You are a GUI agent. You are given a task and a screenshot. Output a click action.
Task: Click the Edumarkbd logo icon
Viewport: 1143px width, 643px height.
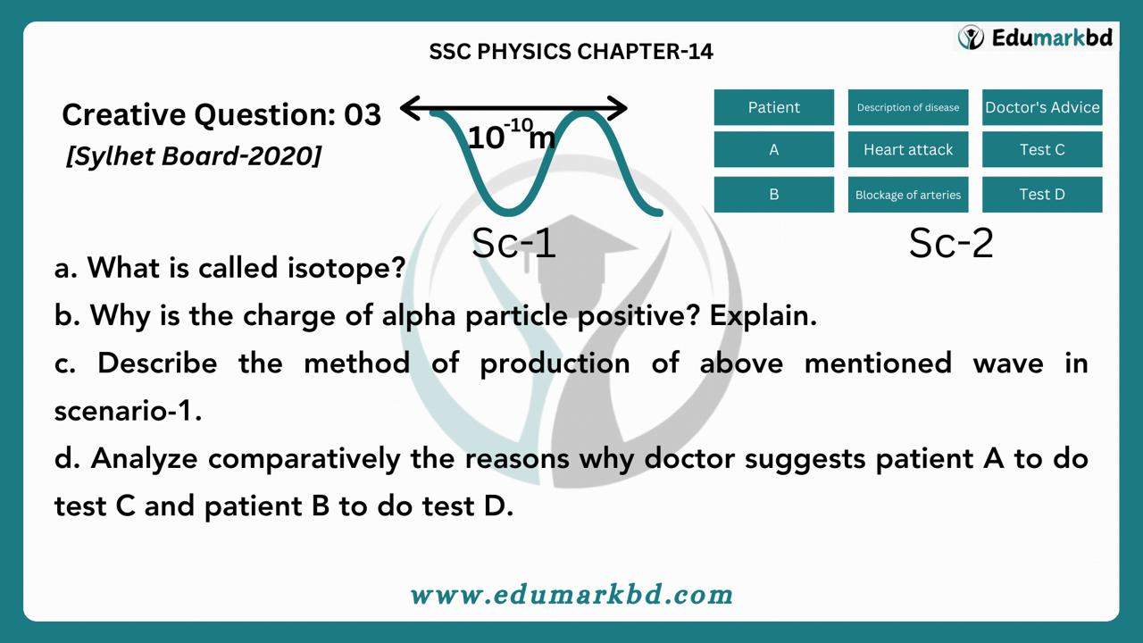[971, 38]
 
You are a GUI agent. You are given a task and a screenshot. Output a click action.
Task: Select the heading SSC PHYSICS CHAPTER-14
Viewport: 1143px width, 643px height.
[571, 52]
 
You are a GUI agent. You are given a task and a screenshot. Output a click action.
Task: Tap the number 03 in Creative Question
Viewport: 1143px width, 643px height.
[363, 114]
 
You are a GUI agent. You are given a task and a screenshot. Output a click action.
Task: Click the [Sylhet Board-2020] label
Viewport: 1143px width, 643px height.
[194, 155]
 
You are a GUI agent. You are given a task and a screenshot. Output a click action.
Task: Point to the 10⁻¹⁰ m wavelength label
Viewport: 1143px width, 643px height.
[512, 135]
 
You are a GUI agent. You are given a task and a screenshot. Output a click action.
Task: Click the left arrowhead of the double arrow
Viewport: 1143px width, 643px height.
[410, 108]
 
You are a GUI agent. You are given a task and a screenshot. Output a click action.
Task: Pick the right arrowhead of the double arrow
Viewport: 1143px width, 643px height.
[617, 108]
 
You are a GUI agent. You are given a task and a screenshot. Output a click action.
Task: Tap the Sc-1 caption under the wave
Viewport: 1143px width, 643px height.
[513, 243]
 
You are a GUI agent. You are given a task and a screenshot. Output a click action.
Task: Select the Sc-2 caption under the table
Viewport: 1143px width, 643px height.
[951, 243]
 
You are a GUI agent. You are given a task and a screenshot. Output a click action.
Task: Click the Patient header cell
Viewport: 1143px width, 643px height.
[774, 107]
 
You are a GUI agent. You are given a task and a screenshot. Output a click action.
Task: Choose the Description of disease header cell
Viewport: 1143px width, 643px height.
[908, 107]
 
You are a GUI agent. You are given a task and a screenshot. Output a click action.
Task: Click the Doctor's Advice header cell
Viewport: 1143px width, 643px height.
[1042, 107]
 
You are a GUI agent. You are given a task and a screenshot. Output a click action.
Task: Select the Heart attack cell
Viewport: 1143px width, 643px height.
[908, 149]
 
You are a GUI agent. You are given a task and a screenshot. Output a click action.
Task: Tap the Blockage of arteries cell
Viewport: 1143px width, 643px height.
[908, 195]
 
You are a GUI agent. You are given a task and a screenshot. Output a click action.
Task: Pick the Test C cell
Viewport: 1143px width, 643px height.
[1042, 149]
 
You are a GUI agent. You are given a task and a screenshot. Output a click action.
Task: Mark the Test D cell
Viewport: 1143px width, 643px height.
[1042, 195]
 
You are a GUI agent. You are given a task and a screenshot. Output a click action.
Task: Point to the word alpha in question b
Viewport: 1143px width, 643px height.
[419, 316]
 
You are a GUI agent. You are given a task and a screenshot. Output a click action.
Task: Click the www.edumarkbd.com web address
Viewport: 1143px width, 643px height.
[571, 595]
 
